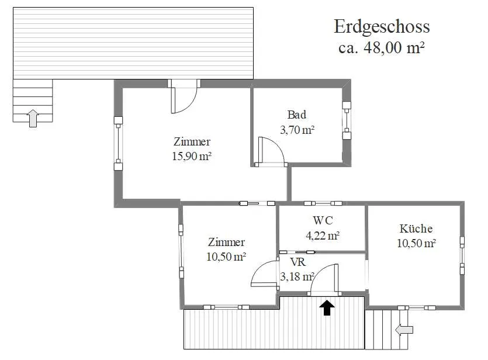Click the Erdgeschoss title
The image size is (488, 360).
(382, 27)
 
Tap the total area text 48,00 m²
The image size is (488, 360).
(394, 47)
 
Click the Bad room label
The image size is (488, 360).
(296, 115)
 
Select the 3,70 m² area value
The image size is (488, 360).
(297, 129)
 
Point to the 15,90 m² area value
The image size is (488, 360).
(192, 156)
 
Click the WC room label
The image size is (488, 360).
(323, 220)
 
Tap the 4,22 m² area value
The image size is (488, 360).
(323, 236)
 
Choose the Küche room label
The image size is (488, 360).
(416, 229)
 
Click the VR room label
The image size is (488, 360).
(298, 262)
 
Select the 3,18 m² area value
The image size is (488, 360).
(297, 276)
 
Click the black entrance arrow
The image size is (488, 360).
(327, 308)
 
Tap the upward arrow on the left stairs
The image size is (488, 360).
(33, 118)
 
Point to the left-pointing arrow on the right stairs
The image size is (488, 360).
(404, 330)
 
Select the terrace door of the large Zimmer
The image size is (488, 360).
(184, 96)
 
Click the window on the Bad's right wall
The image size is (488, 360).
(347, 120)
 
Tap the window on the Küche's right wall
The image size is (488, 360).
(462, 255)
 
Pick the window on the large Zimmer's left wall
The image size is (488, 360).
(118, 143)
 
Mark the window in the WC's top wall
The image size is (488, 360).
(323, 203)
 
